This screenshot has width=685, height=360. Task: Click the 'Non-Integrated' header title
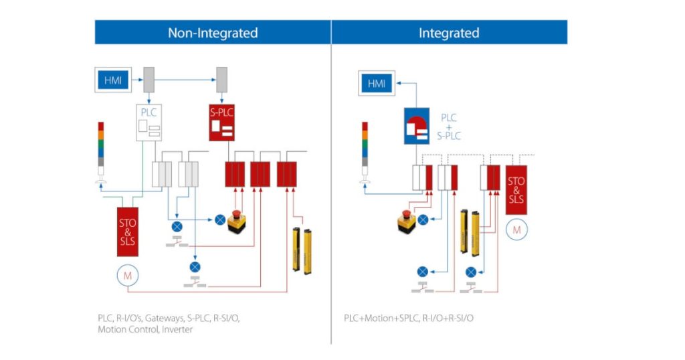point(212,33)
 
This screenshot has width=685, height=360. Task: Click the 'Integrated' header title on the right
point(449,33)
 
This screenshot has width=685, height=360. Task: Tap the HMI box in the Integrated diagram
point(377,84)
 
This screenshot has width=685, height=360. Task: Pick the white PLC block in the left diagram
point(149,122)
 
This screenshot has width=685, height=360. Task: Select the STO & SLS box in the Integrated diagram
point(516,190)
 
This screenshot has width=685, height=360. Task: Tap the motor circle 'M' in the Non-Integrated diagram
point(126,274)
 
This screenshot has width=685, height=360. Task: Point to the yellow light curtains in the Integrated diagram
point(470,232)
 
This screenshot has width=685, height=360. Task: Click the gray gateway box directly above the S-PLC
point(221,80)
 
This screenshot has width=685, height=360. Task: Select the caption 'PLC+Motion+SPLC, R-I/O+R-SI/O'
point(409,317)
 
